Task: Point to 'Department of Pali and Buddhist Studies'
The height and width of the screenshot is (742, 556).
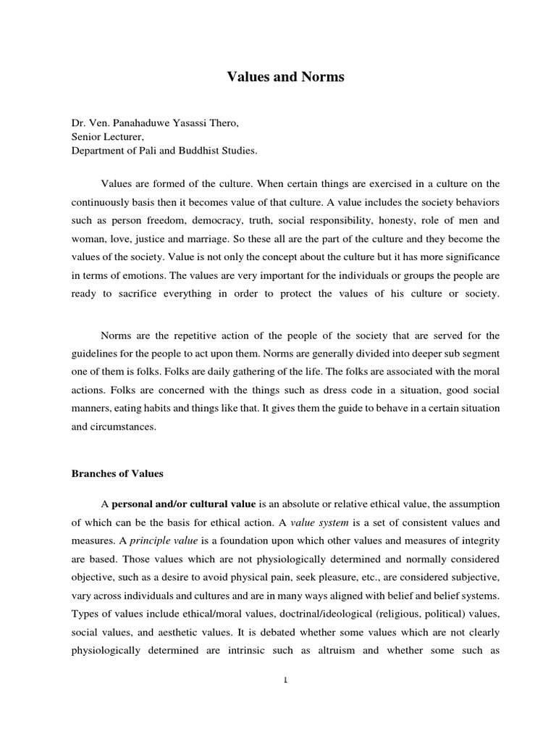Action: (x=163, y=150)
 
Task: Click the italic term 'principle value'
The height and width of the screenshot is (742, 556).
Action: (x=163, y=541)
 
